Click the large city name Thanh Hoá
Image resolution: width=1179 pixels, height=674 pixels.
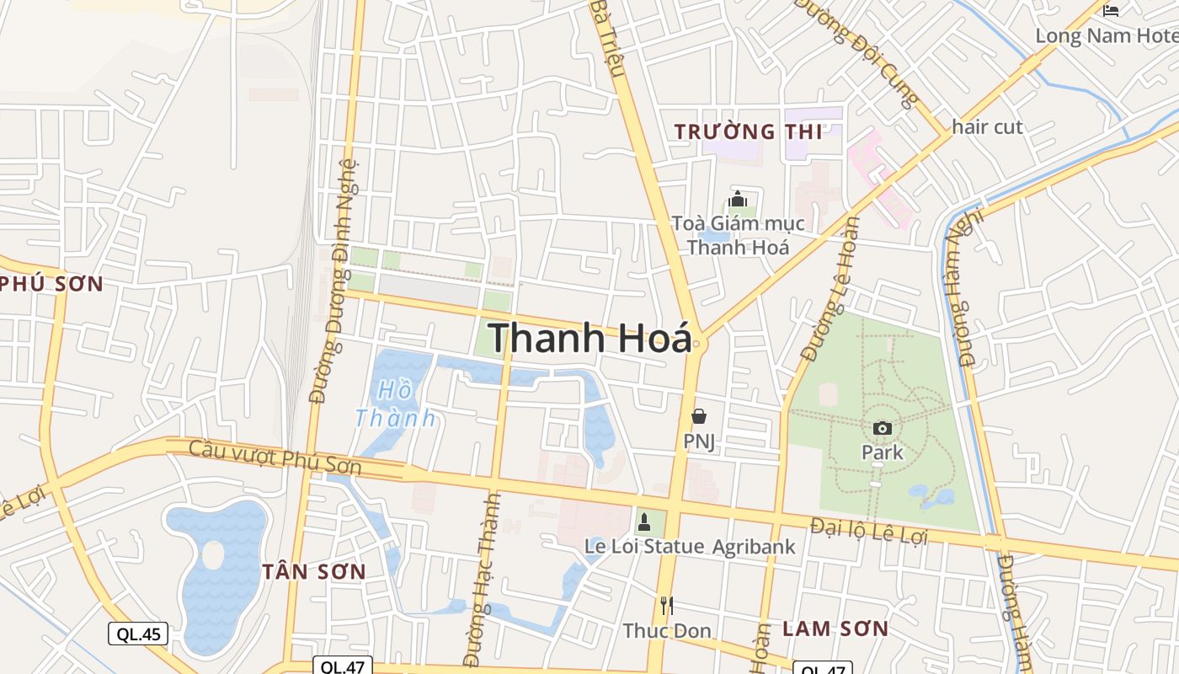point(589,338)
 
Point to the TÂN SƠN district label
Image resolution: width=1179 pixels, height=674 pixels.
point(314,572)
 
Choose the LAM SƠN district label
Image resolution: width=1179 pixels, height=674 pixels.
point(835,629)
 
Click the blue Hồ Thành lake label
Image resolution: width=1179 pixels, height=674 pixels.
point(396,404)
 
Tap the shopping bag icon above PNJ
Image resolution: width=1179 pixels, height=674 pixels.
point(699,415)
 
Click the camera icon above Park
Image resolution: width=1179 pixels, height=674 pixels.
point(883,428)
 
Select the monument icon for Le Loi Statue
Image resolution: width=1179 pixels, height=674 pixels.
point(644,522)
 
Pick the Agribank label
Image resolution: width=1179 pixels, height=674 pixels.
point(754,547)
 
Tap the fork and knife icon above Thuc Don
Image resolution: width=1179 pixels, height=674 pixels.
point(667,605)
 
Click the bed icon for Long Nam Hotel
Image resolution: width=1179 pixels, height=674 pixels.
point(1112,11)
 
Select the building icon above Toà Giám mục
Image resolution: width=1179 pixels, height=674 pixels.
point(739,200)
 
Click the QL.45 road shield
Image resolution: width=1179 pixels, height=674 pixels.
point(138,634)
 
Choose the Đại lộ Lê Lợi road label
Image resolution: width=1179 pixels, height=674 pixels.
point(868,532)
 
